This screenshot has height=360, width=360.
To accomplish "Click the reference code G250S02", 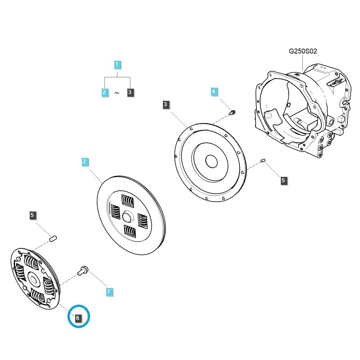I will (x=303, y=51).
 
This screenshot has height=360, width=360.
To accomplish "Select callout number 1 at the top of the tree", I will (x=117, y=64).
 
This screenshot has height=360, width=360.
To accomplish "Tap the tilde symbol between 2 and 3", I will (x=117, y=93).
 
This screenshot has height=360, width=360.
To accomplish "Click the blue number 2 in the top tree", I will (x=104, y=92).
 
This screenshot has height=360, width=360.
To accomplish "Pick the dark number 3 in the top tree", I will (x=130, y=92).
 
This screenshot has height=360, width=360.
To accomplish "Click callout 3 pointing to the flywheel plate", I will (x=166, y=105).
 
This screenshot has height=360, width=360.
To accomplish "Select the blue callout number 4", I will (x=214, y=92).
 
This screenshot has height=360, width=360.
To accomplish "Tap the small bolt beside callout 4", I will (x=233, y=112).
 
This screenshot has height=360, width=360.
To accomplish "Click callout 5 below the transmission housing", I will (x=283, y=180).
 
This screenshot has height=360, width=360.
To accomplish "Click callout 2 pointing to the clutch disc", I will (x=84, y=161).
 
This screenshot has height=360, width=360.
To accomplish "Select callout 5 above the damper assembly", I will (x=32, y=215).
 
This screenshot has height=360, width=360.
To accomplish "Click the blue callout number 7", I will (x=108, y=292).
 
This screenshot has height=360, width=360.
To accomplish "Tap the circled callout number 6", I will (x=78, y=318).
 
